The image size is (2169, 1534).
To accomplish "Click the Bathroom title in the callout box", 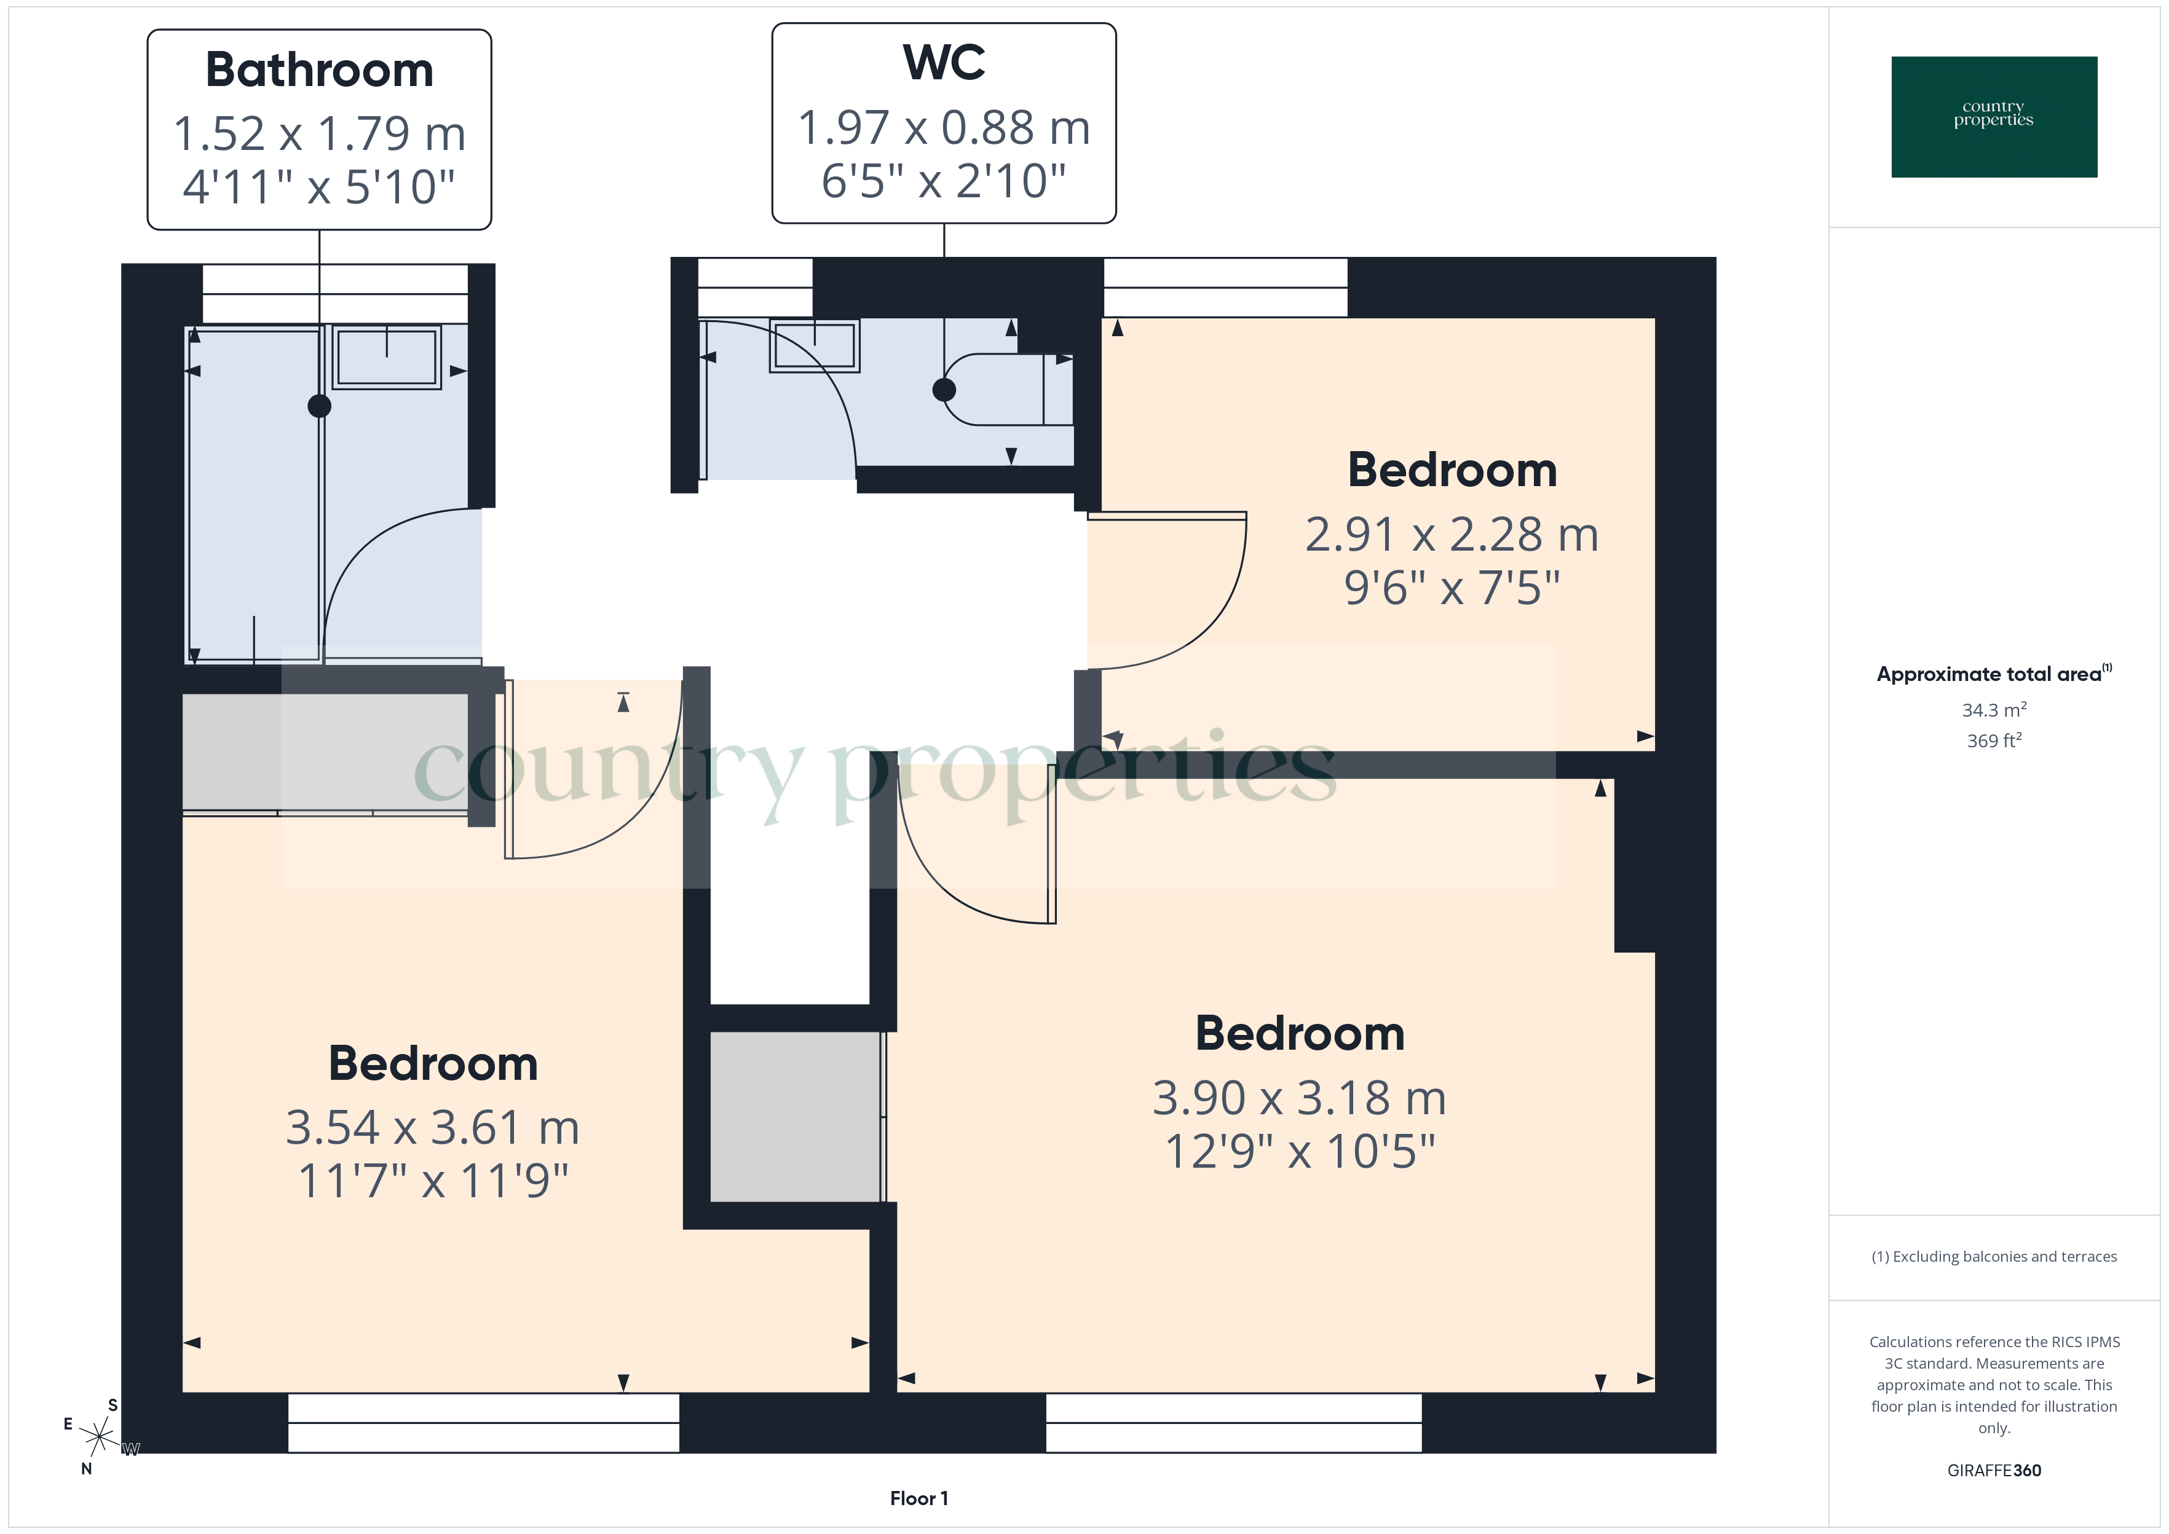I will coord(319,71).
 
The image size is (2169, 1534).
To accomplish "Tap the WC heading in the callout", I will coord(944,63).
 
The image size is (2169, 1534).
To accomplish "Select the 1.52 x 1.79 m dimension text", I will coord(319,133).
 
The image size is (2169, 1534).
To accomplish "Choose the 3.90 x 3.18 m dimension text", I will coord(1299,1098).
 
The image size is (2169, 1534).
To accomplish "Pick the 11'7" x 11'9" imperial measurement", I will coord(433,1181).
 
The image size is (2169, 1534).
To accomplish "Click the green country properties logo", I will coord(1993,116).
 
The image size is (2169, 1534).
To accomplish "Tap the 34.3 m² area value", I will coord(1993,709).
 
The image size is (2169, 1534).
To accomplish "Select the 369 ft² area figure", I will coord(1993,741).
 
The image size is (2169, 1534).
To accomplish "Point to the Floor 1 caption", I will coord(919,1498).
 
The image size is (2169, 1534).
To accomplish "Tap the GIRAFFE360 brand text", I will coord(1993,1469).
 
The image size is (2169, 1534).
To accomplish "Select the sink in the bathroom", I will coord(386,357).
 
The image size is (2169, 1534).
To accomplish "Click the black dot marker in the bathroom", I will coord(319,406).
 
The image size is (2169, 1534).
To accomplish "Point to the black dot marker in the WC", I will coord(944,389).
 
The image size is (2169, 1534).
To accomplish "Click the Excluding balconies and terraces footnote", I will coord(1993,1256).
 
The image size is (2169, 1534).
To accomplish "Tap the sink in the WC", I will coord(815,345).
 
